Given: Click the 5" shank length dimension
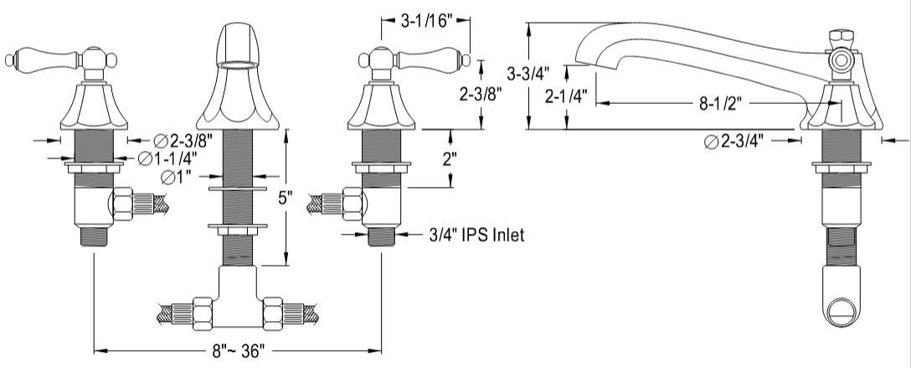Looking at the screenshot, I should coord(286,199).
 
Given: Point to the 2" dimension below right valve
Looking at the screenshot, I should coord(451,159).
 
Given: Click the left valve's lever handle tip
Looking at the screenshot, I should coord(10,59).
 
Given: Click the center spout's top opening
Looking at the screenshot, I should coord(238,62).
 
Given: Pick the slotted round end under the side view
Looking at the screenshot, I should coord(842,315).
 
